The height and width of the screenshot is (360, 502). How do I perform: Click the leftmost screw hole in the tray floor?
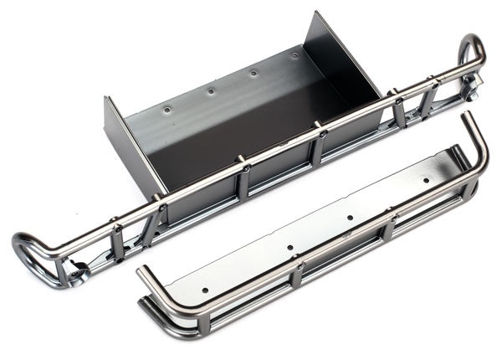coord(167,109)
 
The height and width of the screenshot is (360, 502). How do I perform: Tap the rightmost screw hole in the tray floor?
coord(295,55)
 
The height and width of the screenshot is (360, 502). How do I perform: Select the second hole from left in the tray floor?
coord(211,90)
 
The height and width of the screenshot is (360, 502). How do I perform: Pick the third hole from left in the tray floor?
coord(254,73)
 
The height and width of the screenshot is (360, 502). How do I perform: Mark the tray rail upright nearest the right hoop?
coord(429,97)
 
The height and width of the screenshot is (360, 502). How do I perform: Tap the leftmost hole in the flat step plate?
coord(204,291)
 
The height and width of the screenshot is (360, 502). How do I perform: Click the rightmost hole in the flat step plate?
coord(426,179)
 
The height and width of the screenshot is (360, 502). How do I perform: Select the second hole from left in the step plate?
coord(289,249)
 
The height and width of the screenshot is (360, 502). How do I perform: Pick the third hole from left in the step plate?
coord(349,218)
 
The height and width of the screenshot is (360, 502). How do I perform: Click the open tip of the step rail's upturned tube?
coord(465,115)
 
